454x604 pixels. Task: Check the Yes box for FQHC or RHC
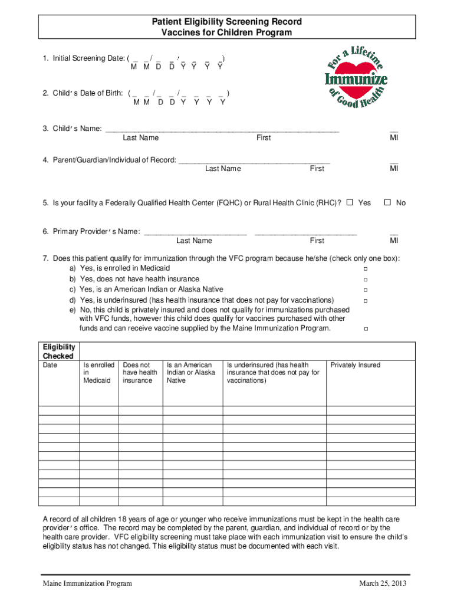pyautogui.click(x=350, y=202)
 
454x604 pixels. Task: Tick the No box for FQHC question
pyautogui.click(x=387, y=202)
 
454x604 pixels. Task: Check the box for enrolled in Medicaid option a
pyautogui.click(x=365, y=269)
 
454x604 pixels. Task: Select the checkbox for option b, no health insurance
pyautogui.click(x=365, y=280)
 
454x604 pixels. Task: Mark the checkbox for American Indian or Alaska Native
pyautogui.click(x=365, y=290)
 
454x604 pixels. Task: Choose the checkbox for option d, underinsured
pyautogui.click(x=365, y=301)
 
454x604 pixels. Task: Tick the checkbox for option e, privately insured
pyautogui.click(x=365, y=329)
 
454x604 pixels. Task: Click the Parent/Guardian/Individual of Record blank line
pyautogui.click(x=254, y=161)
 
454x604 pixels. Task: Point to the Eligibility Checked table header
pyautogui.click(x=58, y=352)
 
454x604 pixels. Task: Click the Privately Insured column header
pyautogui.click(x=356, y=365)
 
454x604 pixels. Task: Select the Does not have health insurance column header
pyautogui.click(x=140, y=373)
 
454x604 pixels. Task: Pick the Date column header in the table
pyautogui.click(x=50, y=365)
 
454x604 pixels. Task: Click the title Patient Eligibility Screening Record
pyautogui.click(x=227, y=22)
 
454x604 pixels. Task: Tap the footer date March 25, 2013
pyautogui.click(x=383, y=584)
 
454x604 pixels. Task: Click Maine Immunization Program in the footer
pyautogui.click(x=87, y=584)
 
